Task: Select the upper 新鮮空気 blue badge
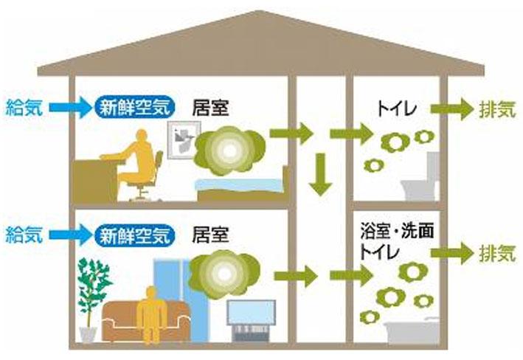click(x=135, y=108)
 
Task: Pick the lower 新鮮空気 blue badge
click(x=135, y=236)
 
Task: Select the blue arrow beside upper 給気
click(x=69, y=108)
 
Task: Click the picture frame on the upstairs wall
click(x=180, y=140)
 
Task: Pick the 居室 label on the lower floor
click(x=210, y=236)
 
